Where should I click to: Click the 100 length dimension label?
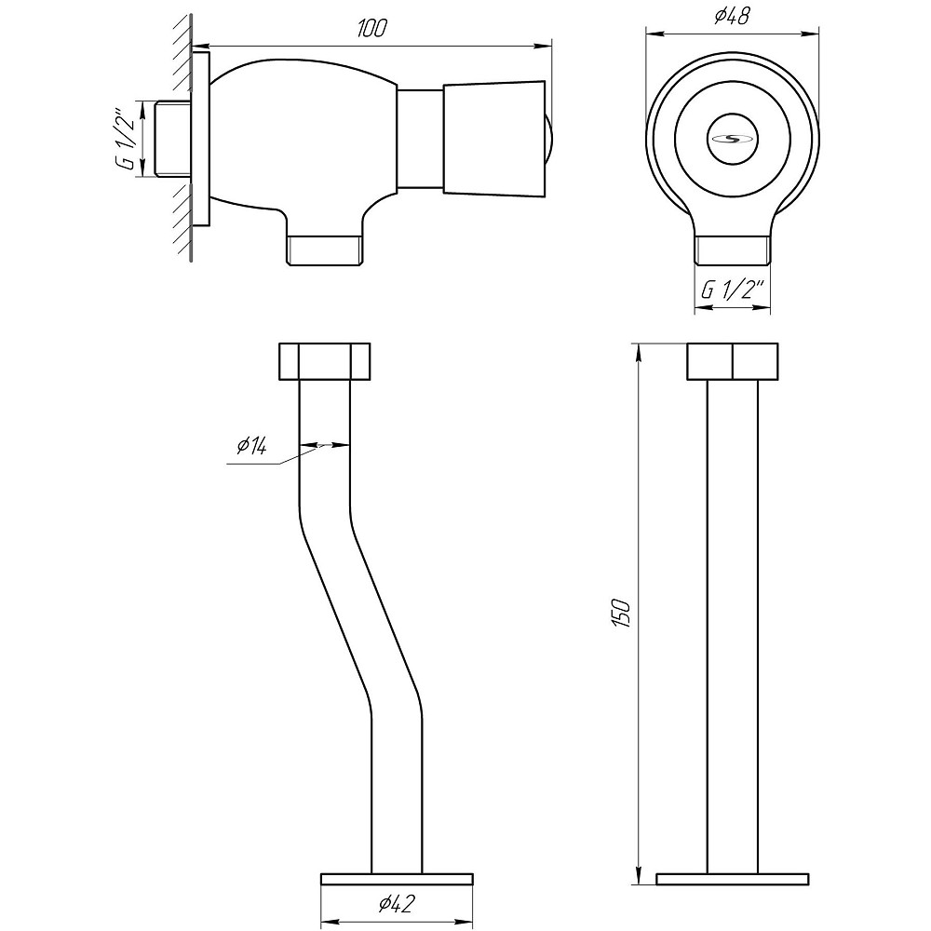(x=371, y=29)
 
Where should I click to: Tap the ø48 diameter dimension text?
(x=732, y=16)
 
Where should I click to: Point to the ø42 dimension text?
(x=396, y=904)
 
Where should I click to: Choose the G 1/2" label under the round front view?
(x=732, y=290)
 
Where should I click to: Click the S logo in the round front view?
(x=732, y=139)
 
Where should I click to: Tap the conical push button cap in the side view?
(x=494, y=139)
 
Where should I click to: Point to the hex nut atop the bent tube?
(x=324, y=361)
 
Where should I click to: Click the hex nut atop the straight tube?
(x=732, y=361)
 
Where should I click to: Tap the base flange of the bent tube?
(x=397, y=879)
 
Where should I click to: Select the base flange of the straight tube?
(x=732, y=879)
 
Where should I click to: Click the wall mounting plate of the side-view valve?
(x=201, y=139)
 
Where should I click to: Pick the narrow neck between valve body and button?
(x=420, y=139)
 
